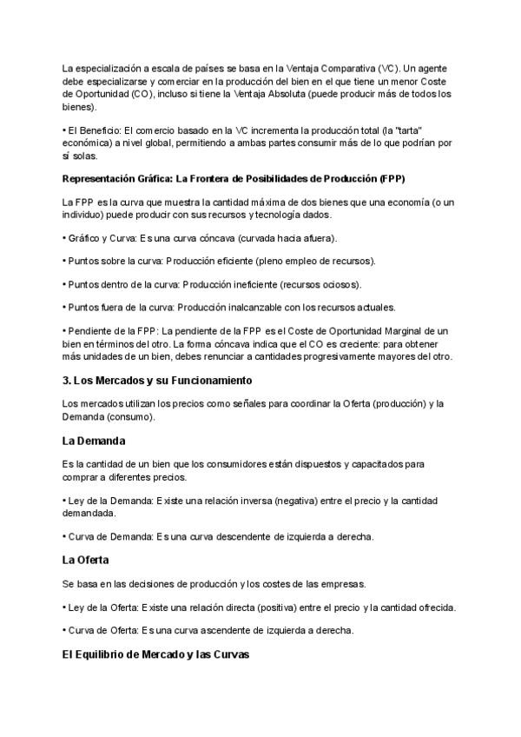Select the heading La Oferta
[x=85, y=561]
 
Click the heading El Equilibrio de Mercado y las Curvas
[x=155, y=655]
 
